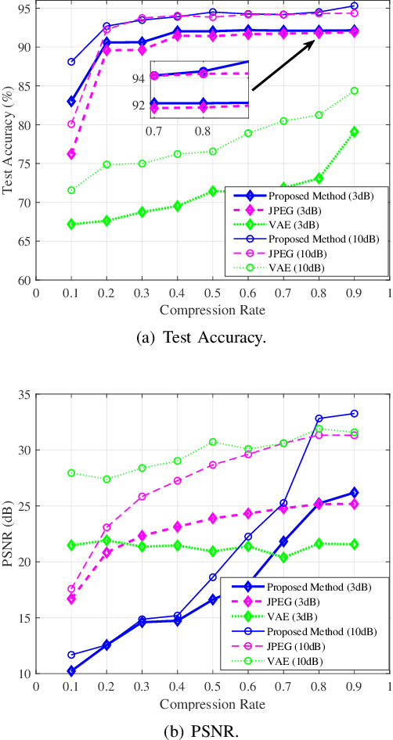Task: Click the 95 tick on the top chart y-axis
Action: (x=25, y=9)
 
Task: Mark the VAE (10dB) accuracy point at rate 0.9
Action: (x=354, y=91)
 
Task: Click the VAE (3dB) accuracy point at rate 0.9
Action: (x=354, y=131)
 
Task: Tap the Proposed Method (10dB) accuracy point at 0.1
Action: (x=71, y=62)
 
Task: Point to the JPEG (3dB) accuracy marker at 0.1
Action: (x=71, y=154)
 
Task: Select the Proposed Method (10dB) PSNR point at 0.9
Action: (x=354, y=413)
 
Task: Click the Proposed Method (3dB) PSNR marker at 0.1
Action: (x=71, y=670)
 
